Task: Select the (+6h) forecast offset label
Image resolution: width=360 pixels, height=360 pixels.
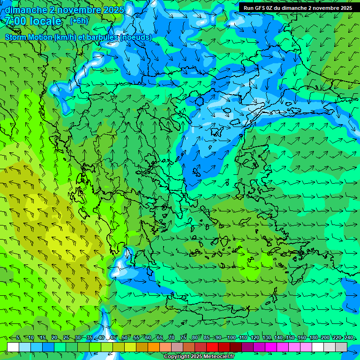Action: pos(79,21)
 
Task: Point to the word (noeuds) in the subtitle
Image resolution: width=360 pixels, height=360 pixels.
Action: pos(135,37)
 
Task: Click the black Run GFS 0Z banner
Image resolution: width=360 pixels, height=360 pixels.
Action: pos(298,7)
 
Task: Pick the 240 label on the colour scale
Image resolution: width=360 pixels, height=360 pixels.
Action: pos(349,337)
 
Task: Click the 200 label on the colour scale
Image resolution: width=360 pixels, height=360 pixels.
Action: pos(325,337)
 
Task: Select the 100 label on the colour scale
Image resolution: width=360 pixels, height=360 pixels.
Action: pos(232,337)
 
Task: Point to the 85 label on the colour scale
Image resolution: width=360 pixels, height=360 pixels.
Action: pos(207,337)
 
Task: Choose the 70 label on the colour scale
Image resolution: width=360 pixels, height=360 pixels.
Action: pos(172,337)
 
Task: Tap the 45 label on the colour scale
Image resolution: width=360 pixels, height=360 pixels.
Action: pos(113,337)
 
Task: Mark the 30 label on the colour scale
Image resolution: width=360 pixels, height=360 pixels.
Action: pos(78,337)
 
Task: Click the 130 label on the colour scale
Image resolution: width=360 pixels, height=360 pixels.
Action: pos(267,337)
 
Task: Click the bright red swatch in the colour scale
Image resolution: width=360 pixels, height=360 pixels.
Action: pos(212,347)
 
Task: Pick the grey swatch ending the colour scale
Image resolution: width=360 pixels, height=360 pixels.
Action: pos(341,347)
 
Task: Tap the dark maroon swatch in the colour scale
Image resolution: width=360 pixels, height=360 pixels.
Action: pos(236,347)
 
